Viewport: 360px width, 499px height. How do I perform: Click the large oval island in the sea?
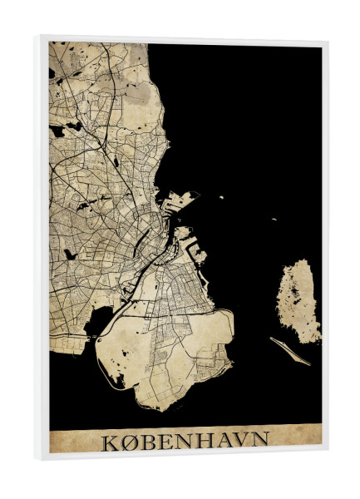(298, 300)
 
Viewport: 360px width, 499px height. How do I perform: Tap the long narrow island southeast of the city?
(290, 350)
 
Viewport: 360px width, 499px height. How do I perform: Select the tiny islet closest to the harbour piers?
(221, 197)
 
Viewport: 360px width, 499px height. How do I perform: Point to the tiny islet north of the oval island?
(273, 220)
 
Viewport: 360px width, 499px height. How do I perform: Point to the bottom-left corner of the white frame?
(38, 459)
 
